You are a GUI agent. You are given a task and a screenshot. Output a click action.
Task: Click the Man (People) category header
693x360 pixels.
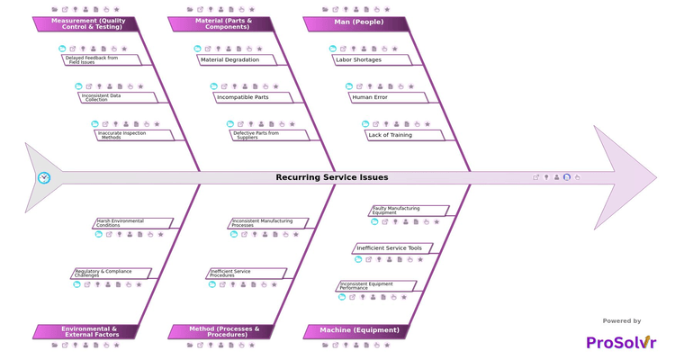coord(357,23)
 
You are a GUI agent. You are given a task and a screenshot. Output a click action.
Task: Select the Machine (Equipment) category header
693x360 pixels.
coord(357,331)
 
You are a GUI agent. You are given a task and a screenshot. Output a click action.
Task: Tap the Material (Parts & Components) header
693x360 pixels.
coord(222,23)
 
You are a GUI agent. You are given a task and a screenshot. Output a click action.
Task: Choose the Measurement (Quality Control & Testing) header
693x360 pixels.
coord(87,23)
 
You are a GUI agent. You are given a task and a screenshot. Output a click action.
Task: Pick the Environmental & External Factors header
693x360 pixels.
coord(87,331)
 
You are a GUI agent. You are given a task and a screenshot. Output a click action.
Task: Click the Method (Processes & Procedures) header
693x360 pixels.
coord(222,331)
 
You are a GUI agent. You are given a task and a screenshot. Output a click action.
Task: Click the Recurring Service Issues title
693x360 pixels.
coord(332,178)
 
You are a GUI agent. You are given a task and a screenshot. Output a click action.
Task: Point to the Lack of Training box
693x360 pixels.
coord(403,135)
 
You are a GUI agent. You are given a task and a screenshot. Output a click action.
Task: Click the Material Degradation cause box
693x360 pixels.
coord(236,60)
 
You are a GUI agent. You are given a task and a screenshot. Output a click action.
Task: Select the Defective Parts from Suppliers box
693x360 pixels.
coord(268,135)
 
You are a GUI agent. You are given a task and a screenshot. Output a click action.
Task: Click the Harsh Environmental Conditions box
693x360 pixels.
coord(132,223)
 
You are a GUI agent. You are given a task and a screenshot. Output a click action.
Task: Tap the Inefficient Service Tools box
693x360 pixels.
coord(391,248)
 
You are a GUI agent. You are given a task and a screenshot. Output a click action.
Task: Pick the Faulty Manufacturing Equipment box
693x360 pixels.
coord(408,211)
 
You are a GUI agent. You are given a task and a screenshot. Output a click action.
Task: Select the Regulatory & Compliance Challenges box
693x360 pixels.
coord(110,273)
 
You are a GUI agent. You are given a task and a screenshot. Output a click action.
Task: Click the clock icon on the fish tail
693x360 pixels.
coord(43,178)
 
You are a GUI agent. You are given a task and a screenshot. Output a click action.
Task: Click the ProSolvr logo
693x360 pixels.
coord(621,342)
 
